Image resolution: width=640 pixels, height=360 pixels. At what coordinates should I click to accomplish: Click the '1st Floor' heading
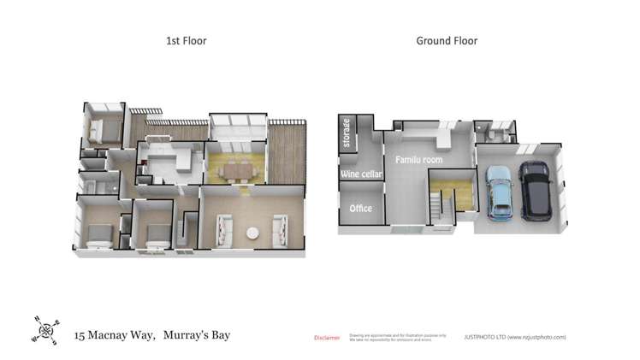186,40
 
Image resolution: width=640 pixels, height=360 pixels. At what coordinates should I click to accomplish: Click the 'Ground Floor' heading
446,40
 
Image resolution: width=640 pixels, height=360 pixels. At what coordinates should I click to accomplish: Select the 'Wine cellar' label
361,174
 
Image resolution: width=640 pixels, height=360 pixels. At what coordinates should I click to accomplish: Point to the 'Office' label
361,208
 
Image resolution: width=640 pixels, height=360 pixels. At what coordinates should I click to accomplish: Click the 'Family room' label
418,159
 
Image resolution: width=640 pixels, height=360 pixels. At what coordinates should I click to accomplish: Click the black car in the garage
536,190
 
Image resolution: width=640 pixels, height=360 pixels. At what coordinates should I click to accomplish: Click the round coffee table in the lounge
252,233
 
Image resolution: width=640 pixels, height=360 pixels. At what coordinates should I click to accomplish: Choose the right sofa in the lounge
281,229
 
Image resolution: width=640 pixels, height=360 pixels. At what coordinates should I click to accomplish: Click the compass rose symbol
46,329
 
